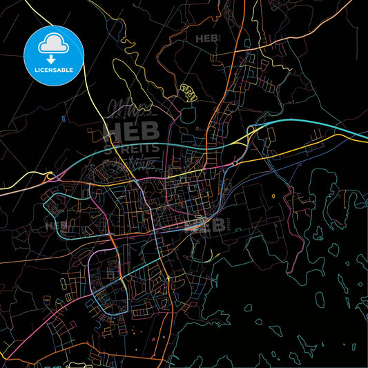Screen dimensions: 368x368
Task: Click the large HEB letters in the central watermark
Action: click(x=131, y=131)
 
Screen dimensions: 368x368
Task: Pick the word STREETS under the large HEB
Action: click(x=131, y=147)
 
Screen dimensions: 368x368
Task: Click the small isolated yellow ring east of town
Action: click(x=274, y=197)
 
